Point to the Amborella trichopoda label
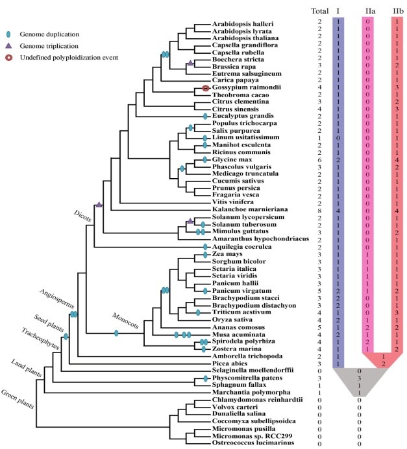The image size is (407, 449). point(244,356)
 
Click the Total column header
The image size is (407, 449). point(319,11)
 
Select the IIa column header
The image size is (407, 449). point(368,11)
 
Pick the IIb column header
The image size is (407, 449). point(397,11)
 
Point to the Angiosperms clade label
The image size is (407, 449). point(57,299)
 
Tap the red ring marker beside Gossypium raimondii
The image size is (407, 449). point(205,88)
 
